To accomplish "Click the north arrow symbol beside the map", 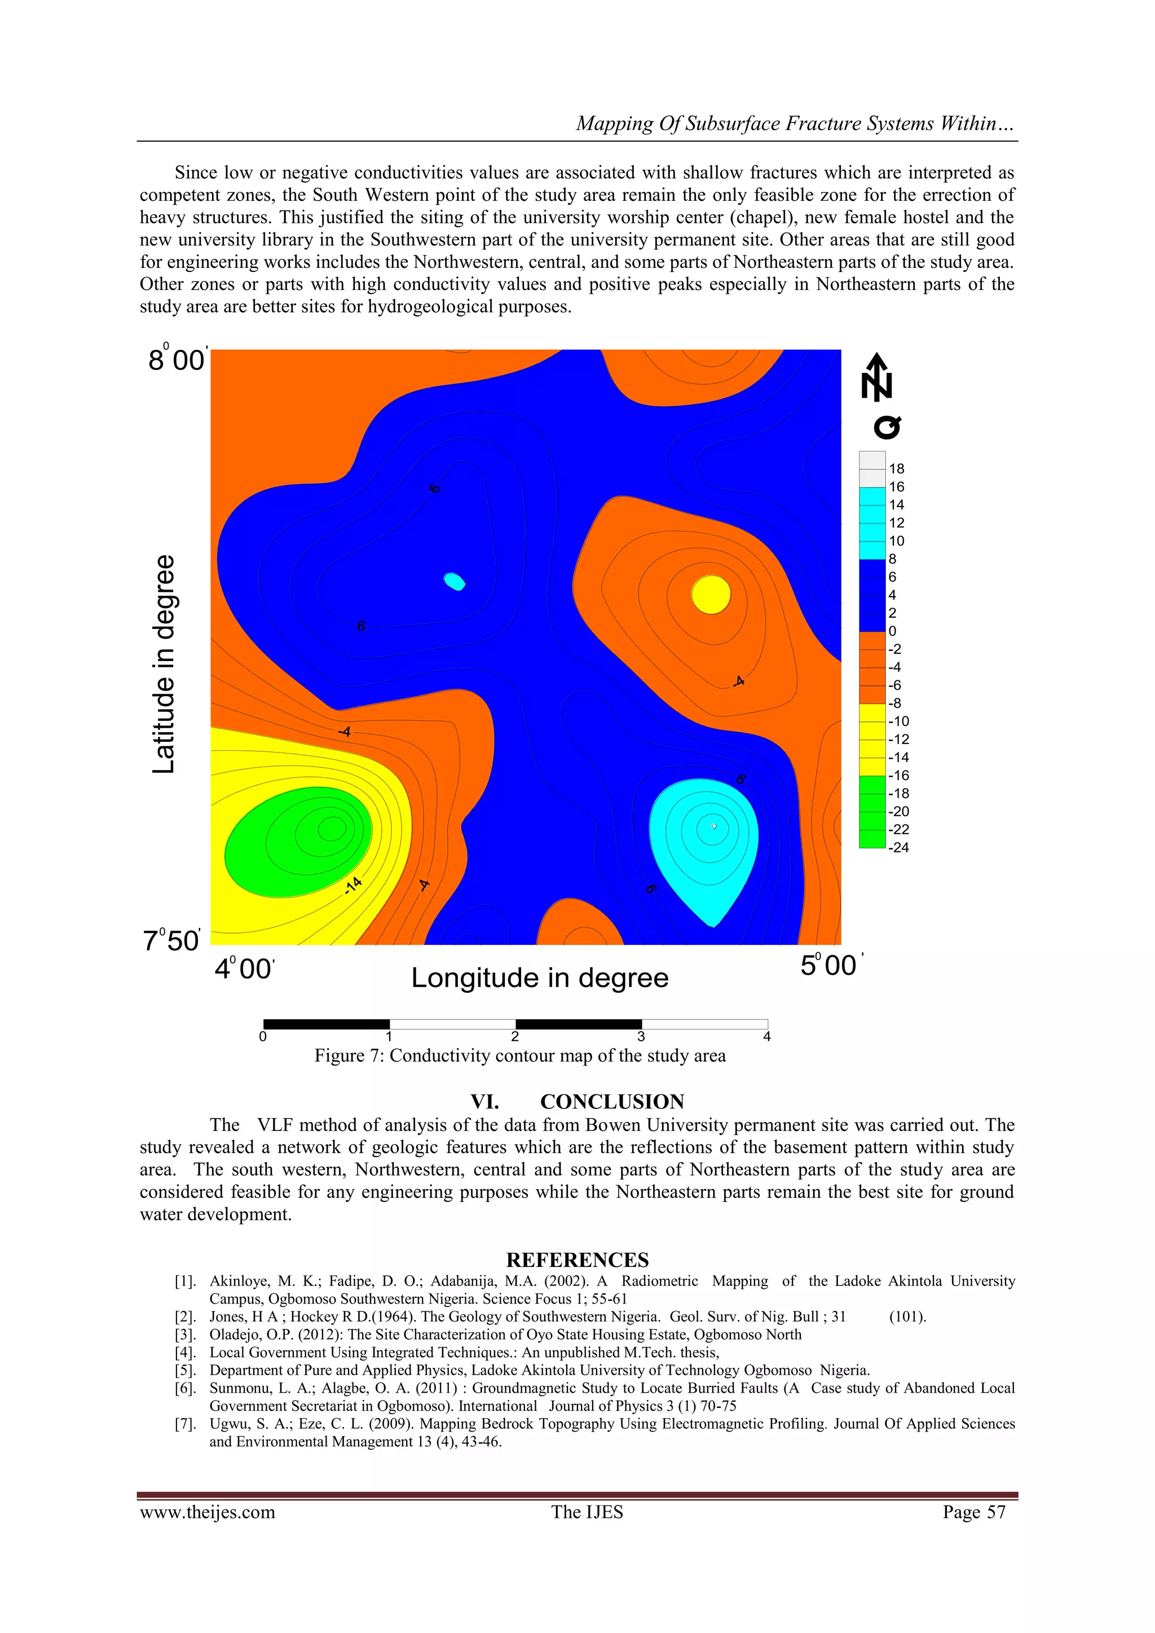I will [x=877, y=377].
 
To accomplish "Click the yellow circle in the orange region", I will [x=711, y=595].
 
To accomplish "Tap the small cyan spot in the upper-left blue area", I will [x=455, y=582].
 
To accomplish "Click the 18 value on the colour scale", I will [x=896, y=469].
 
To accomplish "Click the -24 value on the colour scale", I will [x=898, y=847].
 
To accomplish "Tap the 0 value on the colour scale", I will [x=893, y=631].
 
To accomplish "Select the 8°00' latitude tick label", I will [x=177, y=359].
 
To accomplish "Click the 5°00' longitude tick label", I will [x=831, y=965].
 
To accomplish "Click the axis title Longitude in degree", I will [x=540, y=978].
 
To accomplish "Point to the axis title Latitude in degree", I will [x=164, y=664].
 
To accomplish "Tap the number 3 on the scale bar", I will [x=641, y=1037].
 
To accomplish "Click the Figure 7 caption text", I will [x=520, y=1055].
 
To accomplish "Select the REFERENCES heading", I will [x=577, y=1260].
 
